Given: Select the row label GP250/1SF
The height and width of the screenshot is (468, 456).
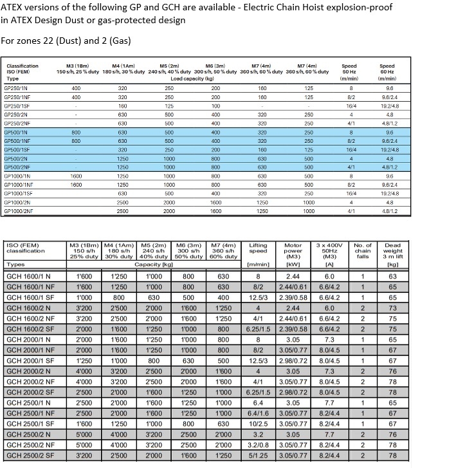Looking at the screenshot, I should click(17, 105).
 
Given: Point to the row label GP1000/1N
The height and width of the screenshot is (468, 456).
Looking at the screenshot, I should click(17, 175).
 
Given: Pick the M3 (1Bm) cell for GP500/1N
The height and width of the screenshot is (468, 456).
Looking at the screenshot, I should click(77, 131).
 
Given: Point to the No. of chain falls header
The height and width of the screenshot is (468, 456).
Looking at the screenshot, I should click(363, 250).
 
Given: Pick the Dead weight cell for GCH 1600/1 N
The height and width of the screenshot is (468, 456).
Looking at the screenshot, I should click(392, 276).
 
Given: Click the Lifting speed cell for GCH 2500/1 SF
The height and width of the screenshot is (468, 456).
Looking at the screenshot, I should click(257, 424).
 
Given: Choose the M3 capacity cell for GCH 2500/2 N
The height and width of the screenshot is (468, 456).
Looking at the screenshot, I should click(84, 435).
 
